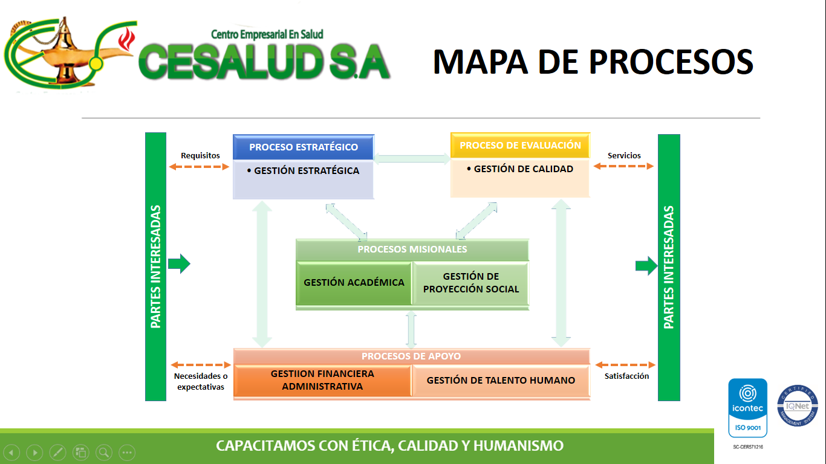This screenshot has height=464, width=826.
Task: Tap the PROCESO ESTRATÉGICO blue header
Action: pos(304,147)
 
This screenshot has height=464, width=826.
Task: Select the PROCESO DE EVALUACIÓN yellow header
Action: pos(520,146)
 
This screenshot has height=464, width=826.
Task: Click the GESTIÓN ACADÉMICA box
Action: pos(354,282)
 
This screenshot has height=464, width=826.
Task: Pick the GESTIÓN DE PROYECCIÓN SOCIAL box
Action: pos(470,283)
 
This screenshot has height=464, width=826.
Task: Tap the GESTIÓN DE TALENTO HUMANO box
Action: pos(501,381)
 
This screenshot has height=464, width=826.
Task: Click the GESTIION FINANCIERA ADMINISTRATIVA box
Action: pos(322,381)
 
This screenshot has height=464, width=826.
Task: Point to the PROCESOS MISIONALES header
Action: pos(412,249)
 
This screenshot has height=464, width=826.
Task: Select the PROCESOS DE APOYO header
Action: pos(411,356)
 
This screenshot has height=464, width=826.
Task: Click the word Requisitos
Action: pos(200,155)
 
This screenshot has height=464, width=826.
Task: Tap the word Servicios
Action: pos(624,155)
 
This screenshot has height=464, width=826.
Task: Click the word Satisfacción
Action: pos(626,376)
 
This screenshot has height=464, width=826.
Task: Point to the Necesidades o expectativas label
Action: pos(201,381)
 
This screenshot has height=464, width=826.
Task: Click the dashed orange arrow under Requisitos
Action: pos(201,167)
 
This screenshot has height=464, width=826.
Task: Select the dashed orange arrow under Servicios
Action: pos(624,167)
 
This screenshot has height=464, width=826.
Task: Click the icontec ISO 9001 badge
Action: pos(747,408)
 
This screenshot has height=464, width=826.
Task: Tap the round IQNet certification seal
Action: pos(797,406)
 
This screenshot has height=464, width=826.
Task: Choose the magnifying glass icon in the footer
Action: pos(103,452)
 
